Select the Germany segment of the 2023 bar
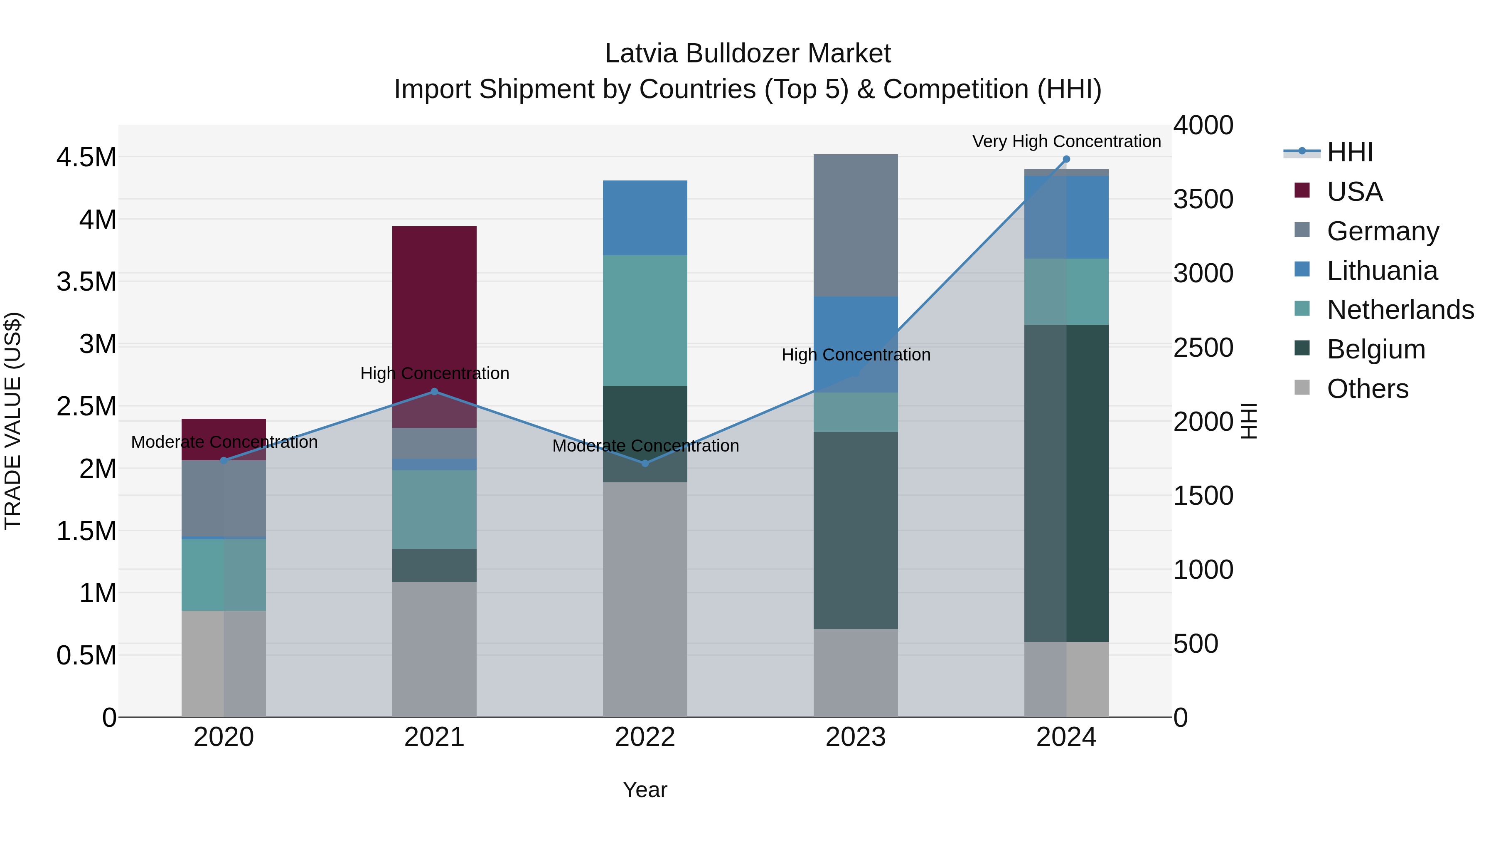(x=856, y=225)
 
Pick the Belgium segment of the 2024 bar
(x=1066, y=482)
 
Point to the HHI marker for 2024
(x=1066, y=159)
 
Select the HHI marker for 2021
(x=434, y=392)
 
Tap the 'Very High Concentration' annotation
(x=1066, y=141)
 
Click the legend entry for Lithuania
(x=1382, y=271)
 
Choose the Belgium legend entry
(x=1376, y=349)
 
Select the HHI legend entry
(x=1350, y=152)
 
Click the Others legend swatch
(x=1302, y=388)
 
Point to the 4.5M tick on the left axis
(x=86, y=158)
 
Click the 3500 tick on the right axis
(x=1203, y=199)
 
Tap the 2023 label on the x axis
(x=856, y=737)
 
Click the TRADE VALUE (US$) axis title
(x=13, y=421)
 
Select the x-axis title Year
(x=645, y=790)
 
